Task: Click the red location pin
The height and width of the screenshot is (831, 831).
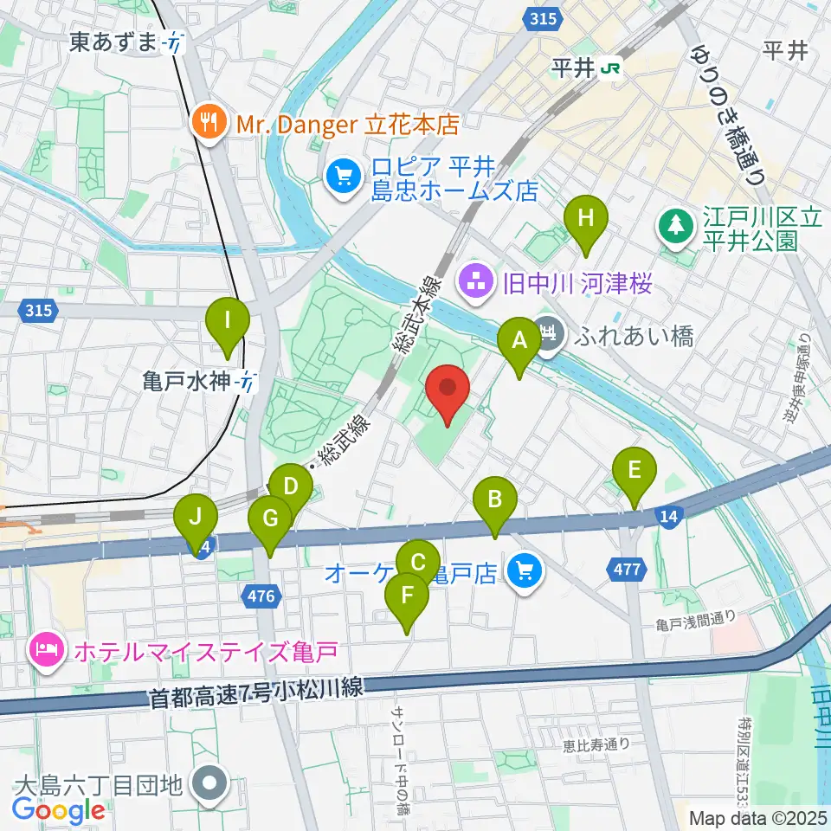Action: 448,394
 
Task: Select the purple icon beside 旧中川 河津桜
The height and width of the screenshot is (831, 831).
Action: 474,280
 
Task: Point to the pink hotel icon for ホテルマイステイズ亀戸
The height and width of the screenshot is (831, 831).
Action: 44,649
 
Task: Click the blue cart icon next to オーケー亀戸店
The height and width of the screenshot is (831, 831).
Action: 524,571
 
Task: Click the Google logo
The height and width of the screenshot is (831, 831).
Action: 59,809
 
